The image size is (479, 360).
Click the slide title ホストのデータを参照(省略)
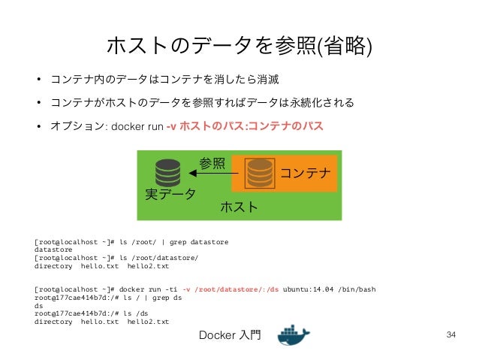click(x=239, y=46)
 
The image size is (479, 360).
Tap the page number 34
click(x=451, y=334)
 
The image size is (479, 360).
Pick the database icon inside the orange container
click(x=260, y=173)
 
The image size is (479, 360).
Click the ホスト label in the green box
click(x=239, y=206)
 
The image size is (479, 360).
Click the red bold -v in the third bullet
click(x=171, y=126)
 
